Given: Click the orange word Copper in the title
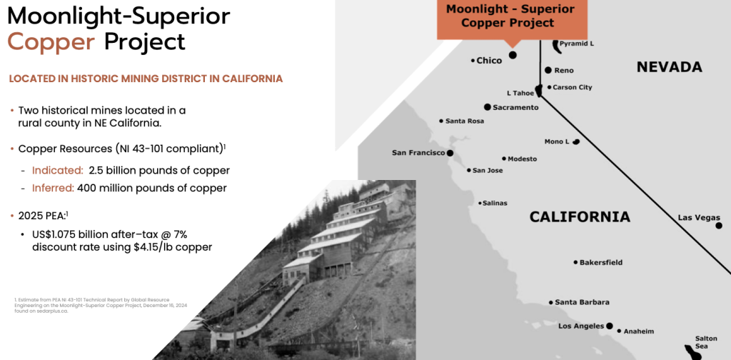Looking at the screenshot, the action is point(51,42).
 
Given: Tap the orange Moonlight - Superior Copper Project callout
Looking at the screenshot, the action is point(512,19).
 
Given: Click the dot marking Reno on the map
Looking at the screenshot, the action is point(548,70).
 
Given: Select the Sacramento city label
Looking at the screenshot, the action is point(515,108).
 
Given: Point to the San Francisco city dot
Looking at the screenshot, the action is point(450,153).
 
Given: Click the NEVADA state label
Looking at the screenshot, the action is point(670,67).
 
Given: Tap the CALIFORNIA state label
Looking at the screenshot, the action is point(580,217).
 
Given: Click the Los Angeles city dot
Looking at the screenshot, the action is point(610,326).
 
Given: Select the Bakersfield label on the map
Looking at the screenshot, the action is point(601,263).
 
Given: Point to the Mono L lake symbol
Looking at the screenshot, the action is point(576,141).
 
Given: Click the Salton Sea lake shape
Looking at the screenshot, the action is point(692,352).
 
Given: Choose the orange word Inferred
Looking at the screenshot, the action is point(53,189).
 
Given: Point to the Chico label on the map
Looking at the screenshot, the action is point(489,61).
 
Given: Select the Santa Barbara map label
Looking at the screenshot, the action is point(582,302).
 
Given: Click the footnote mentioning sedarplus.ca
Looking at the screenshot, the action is point(92,305).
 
